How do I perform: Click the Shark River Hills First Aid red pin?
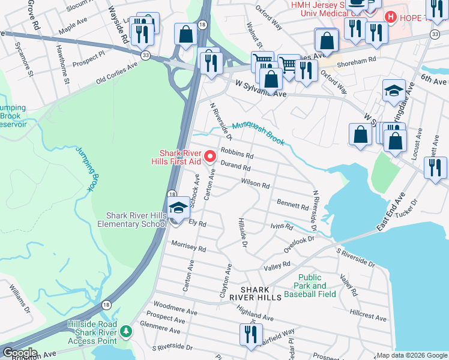pyautogui.click(x=210, y=157)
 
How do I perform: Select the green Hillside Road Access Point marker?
pyautogui.click(x=125, y=331)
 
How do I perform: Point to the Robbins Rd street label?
pyautogui.click(x=237, y=154)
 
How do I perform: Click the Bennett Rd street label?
pyautogui.click(x=292, y=205)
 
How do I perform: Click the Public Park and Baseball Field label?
pyautogui.click(x=317, y=286)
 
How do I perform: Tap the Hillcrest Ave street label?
pyautogui.click(x=368, y=313)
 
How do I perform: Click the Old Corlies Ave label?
pyautogui.click(x=118, y=77)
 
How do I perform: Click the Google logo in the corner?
pyautogui.click(x=19, y=353)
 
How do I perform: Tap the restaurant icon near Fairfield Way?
pyautogui.click(x=250, y=334)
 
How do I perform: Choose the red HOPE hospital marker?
pyautogui.click(x=391, y=17)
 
